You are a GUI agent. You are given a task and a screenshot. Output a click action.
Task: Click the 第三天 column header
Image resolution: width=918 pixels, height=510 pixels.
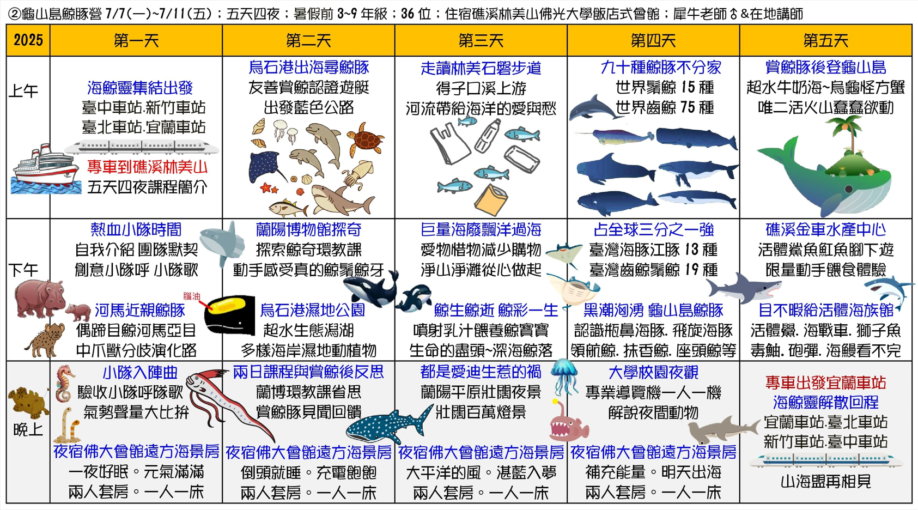pyautogui.click(x=481, y=40)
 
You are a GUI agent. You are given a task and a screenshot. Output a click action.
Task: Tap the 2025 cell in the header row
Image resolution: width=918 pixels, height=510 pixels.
pyautogui.click(x=28, y=40)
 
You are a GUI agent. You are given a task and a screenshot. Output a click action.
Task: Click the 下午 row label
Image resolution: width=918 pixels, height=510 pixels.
pyautogui.click(x=23, y=270)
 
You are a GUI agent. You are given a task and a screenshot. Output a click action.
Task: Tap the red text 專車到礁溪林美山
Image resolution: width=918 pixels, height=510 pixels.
pyautogui.click(x=147, y=167)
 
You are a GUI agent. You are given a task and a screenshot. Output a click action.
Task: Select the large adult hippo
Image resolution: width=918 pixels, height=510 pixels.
pyautogui.click(x=39, y=298)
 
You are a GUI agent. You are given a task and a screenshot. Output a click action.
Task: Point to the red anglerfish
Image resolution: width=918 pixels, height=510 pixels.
pyautogui.click(x=568, y=422)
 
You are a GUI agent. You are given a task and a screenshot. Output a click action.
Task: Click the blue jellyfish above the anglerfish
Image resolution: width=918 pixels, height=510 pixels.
pyautogui.click(x=564, y=375)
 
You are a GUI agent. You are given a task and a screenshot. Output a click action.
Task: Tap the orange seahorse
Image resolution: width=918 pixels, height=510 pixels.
pyautogui.click(x=65, y=384)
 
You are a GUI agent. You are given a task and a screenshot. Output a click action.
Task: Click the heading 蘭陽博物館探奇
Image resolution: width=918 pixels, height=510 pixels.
pyautogui.click(x=308, y=229)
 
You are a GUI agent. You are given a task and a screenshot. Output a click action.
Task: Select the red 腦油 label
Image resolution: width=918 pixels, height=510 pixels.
pyautogui.click(x=191, y=296)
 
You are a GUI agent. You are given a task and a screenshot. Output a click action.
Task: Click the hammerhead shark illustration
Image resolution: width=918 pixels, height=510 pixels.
pyautogui.click(x=724, y=430)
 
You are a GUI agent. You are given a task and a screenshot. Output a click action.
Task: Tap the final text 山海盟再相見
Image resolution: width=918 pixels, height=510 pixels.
pyautogui.click(x=825, y=481)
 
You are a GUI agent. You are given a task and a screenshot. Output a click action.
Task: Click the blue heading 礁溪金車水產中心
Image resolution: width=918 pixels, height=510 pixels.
pyautogui.click(x=825, y=229)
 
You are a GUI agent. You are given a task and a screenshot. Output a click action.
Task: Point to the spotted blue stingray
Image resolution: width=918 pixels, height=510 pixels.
pyautogui.click(x=269, y=167)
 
